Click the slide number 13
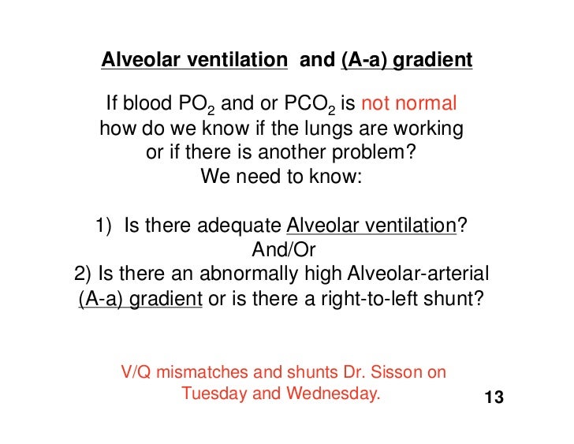(x=494, y=397)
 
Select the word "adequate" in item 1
(x=243, y=226)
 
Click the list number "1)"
(x=106, y=226)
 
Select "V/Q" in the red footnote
(x=135, y=372)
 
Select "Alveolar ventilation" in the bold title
(x=194, y=61)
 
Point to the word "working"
(x=425, y=129)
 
